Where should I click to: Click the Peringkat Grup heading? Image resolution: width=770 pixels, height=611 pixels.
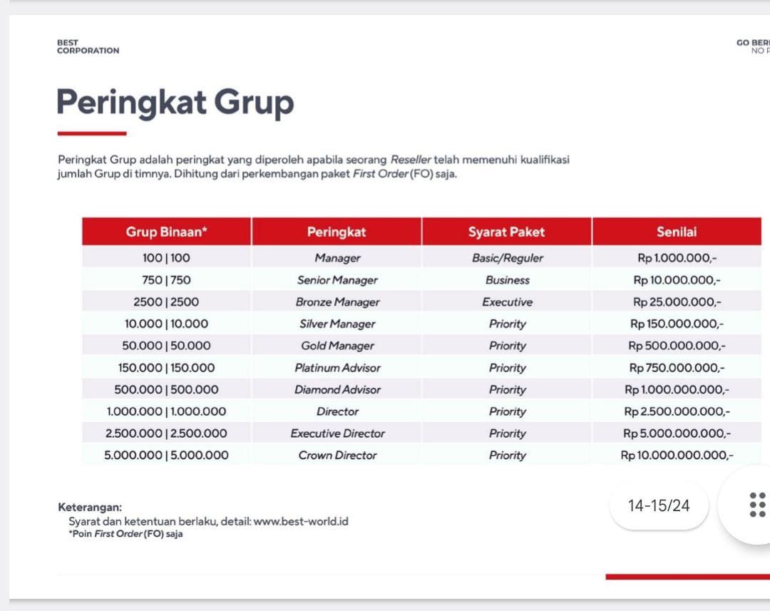(x=175, y=102)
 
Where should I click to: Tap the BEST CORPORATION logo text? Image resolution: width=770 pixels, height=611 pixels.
(x=88, y=47)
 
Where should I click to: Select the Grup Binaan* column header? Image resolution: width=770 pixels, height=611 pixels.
(x=166, y=232)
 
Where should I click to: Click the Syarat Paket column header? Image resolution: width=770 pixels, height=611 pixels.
(x=506, y=232)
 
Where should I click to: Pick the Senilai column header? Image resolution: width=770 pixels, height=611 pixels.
(x=677, y=232)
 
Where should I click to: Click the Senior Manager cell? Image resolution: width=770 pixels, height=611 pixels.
(x=337, y=280)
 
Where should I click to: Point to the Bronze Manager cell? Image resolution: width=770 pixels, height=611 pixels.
(x=337, y=302)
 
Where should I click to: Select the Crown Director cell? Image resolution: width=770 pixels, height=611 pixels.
(x=337, y=455)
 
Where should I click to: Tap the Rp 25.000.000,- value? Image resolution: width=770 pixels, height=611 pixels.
(x=677, y=302)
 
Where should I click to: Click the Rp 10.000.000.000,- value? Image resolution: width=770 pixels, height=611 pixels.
(x=677, y=455)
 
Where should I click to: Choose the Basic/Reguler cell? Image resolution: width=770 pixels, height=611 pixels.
(x=507, y=258)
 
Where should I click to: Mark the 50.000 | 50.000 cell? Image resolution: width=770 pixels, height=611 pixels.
(x=166, y=346)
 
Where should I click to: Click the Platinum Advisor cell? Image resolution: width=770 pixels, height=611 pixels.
(x=337, y=368)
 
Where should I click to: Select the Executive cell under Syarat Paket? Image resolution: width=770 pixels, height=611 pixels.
(x=507, y=302)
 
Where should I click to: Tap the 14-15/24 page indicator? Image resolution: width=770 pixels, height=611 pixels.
(x=659, y=505)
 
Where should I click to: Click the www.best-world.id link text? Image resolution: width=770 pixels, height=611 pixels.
(x=301, y=521)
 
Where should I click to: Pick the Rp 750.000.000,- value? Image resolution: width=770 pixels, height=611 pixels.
(x=677, y=368)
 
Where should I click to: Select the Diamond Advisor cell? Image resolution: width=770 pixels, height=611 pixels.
(x=337, y=390)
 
